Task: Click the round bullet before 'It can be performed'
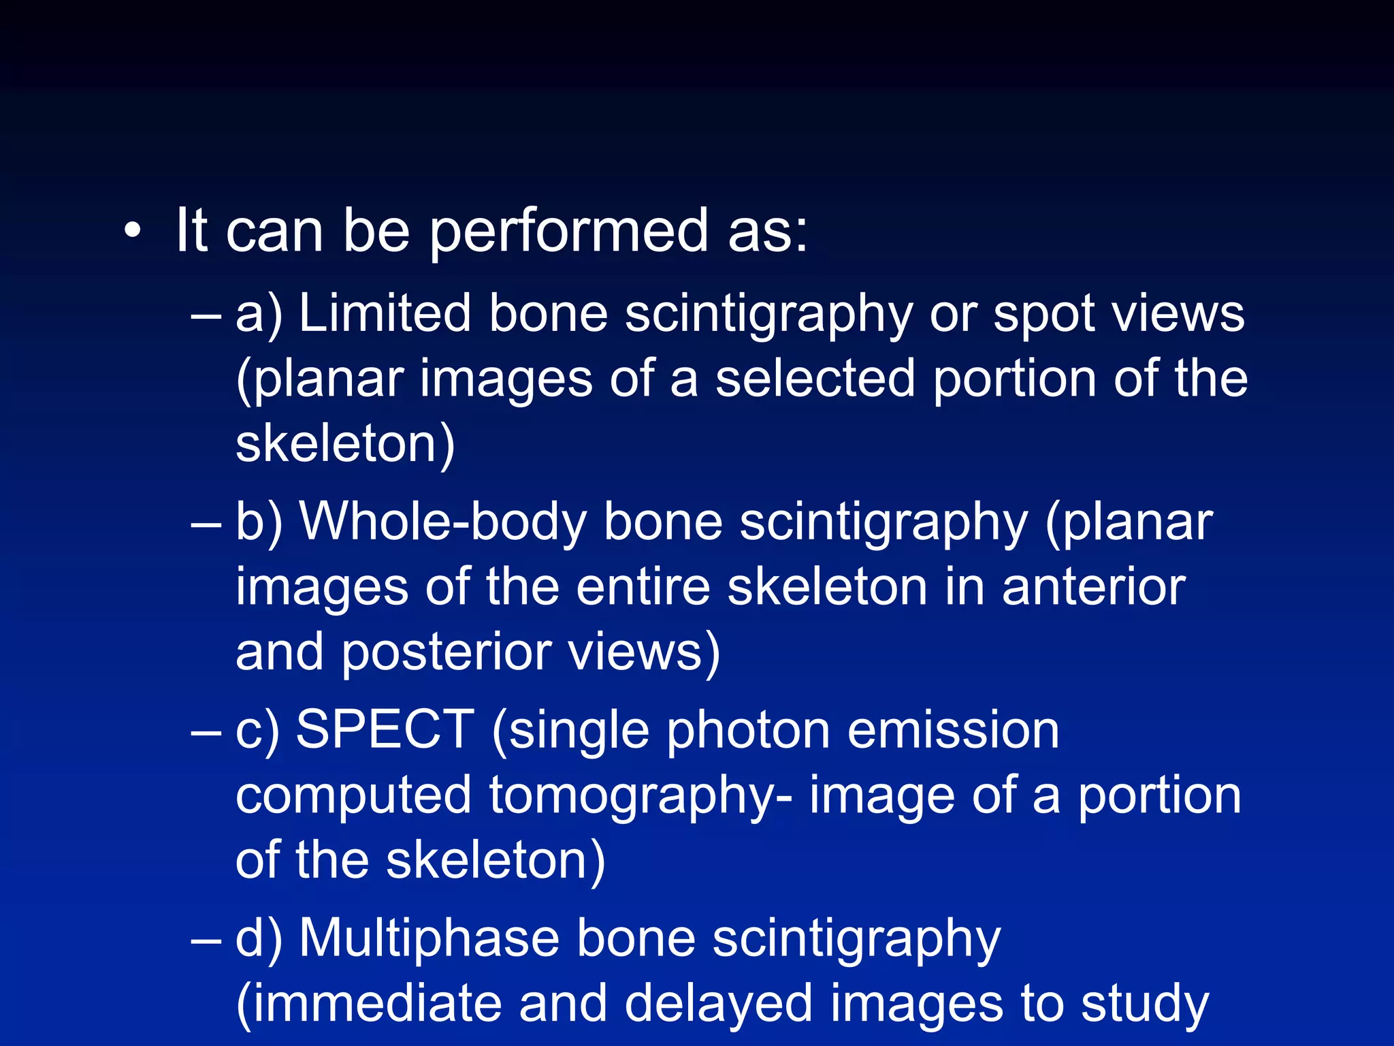tap(133, 232)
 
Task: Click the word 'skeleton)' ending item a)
tap(345, 444)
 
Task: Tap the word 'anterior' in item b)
tap(1094, 587)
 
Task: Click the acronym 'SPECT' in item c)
tap(385, 730)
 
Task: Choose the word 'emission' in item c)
tap(954, 730)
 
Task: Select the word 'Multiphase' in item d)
tap(429, 938)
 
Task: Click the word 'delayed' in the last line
tap(718, 1004)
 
